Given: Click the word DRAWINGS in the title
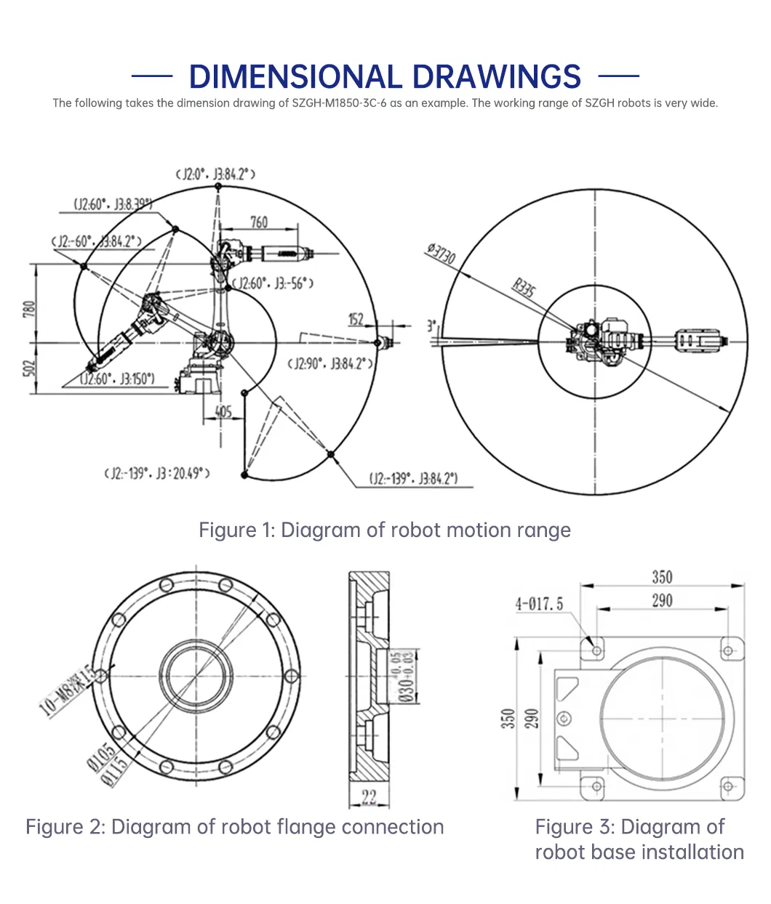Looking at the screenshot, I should click(x=496, y=77).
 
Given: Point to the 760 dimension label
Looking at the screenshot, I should click(x=259, y=222).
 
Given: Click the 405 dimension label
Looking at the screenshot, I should click(x=223, y=412).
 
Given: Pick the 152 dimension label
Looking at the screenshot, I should click(x=356, y=319).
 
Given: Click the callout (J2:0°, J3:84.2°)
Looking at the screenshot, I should click(x=216, y=174).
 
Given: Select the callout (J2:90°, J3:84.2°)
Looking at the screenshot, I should click(x=330, y=363).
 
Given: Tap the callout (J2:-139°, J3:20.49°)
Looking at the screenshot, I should click(x=157, y=474).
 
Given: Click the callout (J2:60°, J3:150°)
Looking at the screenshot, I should click(x=118, y=379).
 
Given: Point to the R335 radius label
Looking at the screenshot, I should click(x=524, y=288).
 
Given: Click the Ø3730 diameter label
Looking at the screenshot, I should click(x=441, y=254).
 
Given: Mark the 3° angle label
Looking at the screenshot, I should click(x=431, y=326).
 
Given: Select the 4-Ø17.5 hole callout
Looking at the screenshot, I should click(x=539, y=604).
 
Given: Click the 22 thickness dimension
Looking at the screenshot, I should click(x=369, y=798).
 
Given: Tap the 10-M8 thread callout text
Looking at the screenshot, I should click(x=67, y=691).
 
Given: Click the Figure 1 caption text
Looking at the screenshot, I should click(x=385, y=530).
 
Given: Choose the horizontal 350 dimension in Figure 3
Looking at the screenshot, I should click(x=662, y=577).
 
